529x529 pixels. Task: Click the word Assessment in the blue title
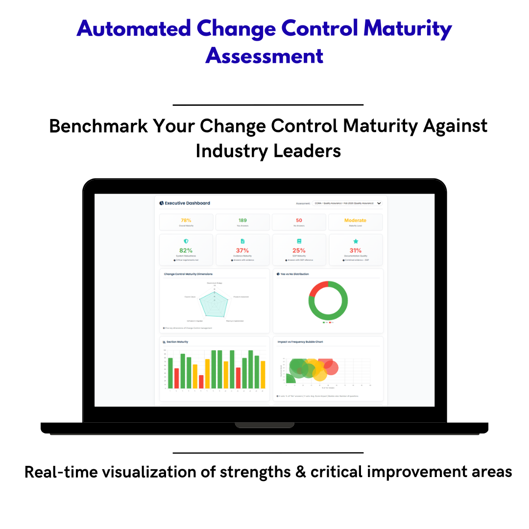pyautogui.click(x=264, y=55)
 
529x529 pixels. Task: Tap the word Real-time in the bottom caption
pyautogui.click(x=58, y=472)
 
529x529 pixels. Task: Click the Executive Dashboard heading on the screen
pyautogui.click(x=187, y=203)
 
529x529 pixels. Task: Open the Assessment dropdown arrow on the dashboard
pyautogui.click(x=379, y=203)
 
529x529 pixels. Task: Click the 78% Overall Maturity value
pyautogui.click(x=186, y=220)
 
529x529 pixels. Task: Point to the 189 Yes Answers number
pyautogui.click(x=242, y=220)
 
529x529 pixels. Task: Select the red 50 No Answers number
pyautogui.click(x=299, y=220)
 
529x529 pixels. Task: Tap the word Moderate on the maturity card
pyautogui.click(x=355, y=220)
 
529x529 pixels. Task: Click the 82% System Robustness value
pyautogui.click(x=186, y=250)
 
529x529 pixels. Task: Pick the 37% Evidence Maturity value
pyautogui.click(x=242, y=250)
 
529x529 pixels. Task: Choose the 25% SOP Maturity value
pyautogui.click(x=299, y=250)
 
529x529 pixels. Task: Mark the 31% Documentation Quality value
pyautogui.click(x=356, y=250)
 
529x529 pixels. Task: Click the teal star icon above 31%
pyautogui.click(x=356, y=241)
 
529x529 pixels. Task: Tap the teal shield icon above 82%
pyautogui.click(x=186, y=241)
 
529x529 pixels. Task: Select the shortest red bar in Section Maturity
pyautogui.click(x=201, y=382)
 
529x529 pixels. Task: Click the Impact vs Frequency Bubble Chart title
pyautogui.click(x=300, y=342)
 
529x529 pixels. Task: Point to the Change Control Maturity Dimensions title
pyautogui.click(x=188, y=274)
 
